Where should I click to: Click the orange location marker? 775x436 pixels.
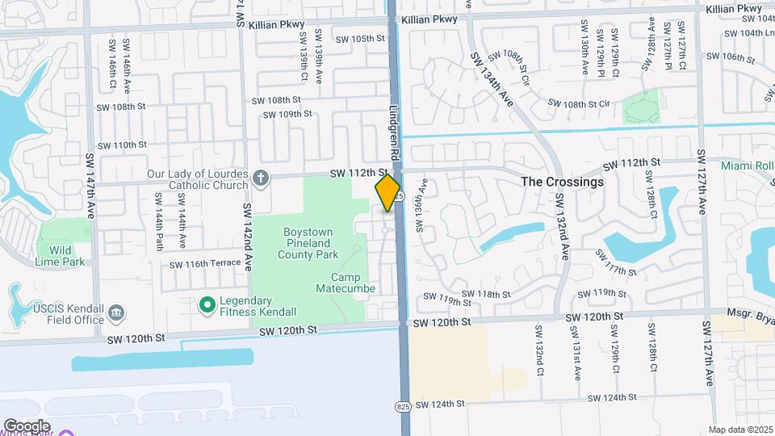click(388, 192)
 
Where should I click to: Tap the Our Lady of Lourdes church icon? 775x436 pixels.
click(261, 176)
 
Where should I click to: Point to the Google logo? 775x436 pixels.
click(27, 426)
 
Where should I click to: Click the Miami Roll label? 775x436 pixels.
click(748, 166)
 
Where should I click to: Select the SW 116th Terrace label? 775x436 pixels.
click(205, 264)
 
